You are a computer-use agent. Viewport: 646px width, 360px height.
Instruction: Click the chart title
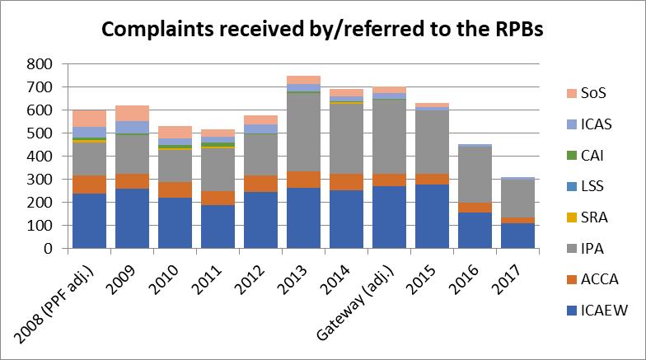(323, 30)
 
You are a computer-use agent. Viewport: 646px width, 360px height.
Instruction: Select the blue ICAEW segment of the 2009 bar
(132, 218)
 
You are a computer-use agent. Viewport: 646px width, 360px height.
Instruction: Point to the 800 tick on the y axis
(41, 63)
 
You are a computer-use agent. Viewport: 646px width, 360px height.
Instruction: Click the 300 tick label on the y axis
(41, 179)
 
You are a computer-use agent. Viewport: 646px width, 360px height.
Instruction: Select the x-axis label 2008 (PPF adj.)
(58, 301)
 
